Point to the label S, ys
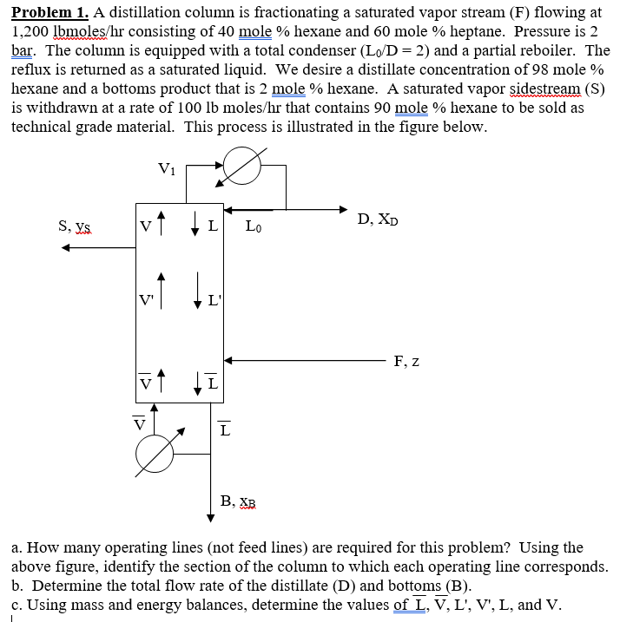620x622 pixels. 75,226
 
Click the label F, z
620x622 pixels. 406,361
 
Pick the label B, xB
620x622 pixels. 238,501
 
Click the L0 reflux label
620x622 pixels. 254,227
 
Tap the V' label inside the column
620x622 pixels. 147,301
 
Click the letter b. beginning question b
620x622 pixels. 17,585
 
